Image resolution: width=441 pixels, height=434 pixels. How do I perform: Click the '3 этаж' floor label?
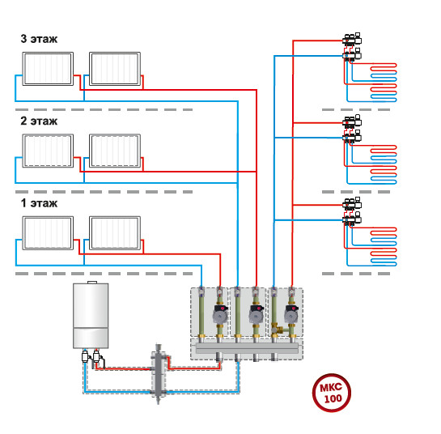coord(39,39)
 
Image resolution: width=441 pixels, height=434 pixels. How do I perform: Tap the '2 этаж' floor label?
coord(39,121)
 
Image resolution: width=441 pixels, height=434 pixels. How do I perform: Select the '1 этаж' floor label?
coord(39,203)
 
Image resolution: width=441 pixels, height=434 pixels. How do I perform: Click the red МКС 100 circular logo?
coord(332,393)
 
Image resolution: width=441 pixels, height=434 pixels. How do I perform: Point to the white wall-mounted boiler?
coord(91,315)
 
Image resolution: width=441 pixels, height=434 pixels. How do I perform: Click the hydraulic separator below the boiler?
coord(159,373)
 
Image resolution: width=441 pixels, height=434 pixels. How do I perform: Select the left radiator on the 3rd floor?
coord(48,69)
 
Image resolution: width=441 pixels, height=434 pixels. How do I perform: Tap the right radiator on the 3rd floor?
coord(115,69)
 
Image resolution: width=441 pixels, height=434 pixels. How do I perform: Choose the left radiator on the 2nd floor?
coord(48,151)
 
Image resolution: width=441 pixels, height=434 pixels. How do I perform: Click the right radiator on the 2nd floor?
coord(115,151)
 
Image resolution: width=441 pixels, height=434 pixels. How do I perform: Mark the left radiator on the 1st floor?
coord(48,233)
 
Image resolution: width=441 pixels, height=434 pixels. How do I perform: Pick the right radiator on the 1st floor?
coord(115,233)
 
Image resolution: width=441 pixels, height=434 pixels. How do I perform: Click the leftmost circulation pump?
coord(220,314)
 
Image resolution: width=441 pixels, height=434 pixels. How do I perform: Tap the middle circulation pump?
coord(257,314)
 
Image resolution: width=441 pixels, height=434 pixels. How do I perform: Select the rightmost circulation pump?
coord(292,314)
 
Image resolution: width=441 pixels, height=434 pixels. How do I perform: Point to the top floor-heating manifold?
coord(352,47)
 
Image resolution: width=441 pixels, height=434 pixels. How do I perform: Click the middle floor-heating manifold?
coord(352,130)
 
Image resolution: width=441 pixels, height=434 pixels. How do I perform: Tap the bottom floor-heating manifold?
coord(352,211)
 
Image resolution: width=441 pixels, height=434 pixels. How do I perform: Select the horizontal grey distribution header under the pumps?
coord(247,348)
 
